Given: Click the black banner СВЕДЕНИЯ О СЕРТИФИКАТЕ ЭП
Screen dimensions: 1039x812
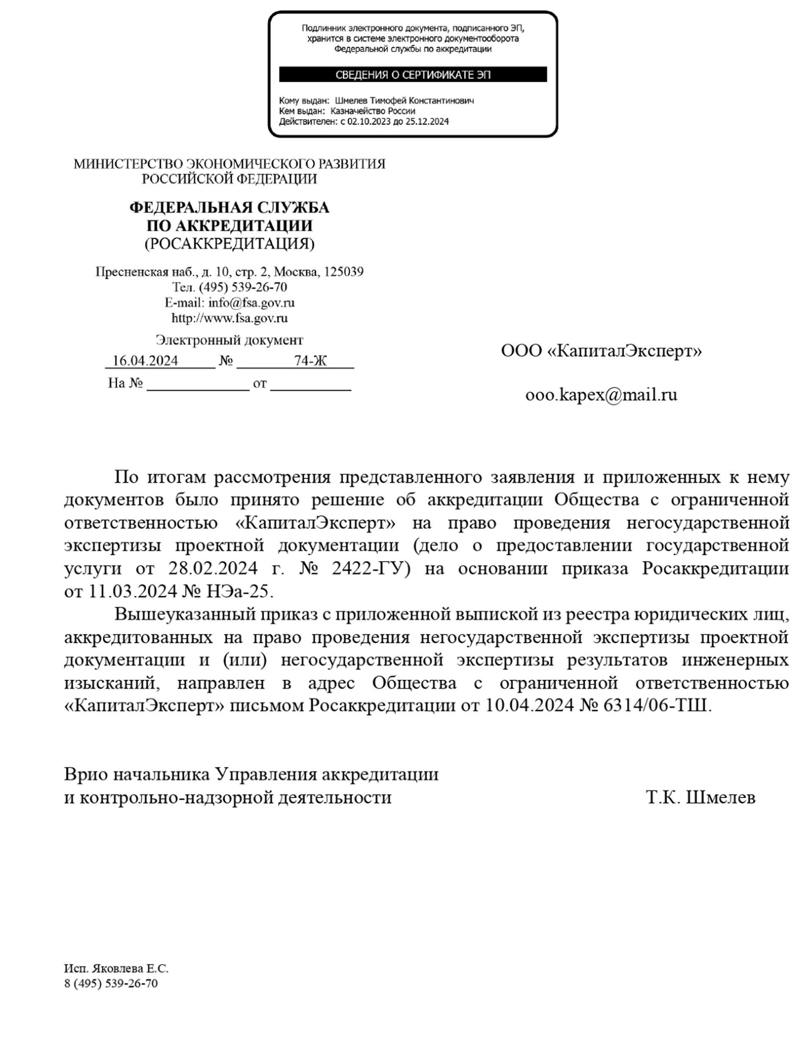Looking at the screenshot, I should coord(413,74).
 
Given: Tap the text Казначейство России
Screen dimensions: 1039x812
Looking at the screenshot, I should coord(372,111).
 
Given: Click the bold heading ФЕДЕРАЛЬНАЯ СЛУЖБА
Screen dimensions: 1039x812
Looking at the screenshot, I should coord(229,207).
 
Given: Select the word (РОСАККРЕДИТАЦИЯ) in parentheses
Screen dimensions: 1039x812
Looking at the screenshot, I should coord(229,244).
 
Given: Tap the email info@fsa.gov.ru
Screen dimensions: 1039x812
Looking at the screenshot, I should coord(251,303).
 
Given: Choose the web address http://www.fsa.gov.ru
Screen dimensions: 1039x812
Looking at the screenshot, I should coord(229,318).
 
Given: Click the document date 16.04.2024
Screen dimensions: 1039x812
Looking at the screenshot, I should coord(145,361).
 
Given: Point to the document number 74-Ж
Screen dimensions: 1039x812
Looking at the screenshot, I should coord(310,361).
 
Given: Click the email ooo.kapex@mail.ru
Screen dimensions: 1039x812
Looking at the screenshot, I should coord(601,395).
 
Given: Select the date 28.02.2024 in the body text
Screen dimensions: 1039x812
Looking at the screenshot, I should coord(213,568).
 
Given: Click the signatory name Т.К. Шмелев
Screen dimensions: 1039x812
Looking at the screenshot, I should coord(701,797).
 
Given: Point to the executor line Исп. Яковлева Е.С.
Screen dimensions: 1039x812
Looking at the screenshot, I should coord(116,969).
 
